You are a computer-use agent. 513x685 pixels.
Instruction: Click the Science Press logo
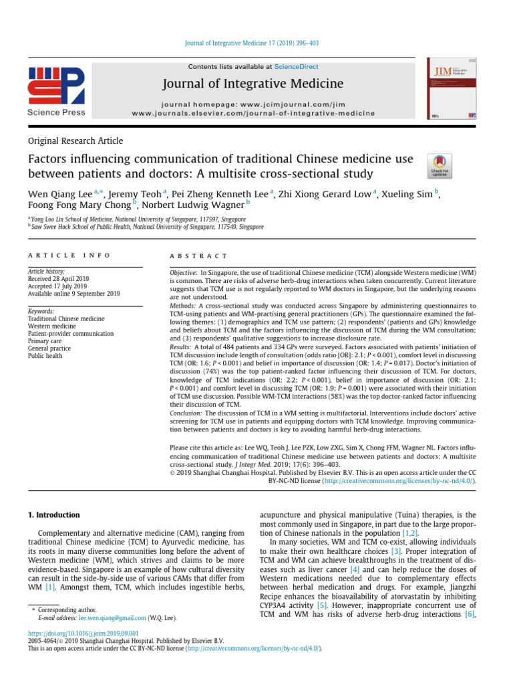pyautogui.click(x=56, y=90)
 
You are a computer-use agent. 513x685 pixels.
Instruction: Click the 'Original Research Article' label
pyautogui.click(x=75, y=140)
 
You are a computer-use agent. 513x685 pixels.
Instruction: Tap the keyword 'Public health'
pyautogui.click(x=45, y=357)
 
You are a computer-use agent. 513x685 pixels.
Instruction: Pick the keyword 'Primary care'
pyautogui.click(x=45, y=340)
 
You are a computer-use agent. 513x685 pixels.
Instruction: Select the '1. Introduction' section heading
pyautogui.click(x=53, y=515)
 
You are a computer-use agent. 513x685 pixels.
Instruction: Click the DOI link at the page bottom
pyautogui.click(x=83, y=632)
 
